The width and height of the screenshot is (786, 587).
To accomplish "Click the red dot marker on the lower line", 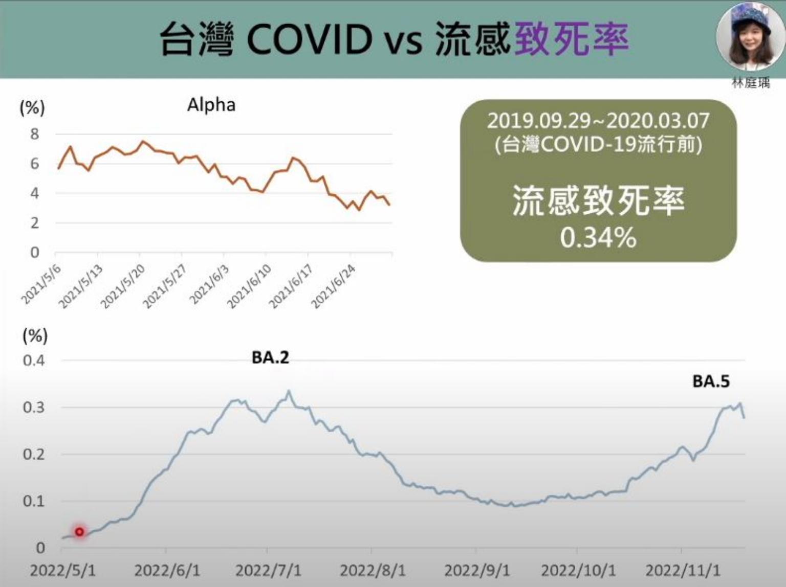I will [79, 532].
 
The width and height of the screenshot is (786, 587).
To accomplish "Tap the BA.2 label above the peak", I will [270, 357].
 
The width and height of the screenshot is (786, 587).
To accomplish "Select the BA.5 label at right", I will [711, 381].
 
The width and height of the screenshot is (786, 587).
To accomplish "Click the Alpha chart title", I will [211, 105].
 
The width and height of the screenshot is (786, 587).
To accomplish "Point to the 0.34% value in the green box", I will [598, 238].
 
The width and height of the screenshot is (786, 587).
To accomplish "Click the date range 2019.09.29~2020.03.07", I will [598, 121].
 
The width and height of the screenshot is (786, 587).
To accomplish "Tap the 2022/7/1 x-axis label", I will [268, 570].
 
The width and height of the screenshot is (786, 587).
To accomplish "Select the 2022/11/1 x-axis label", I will [683, 570].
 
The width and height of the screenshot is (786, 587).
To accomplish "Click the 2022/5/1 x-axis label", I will [62, 570].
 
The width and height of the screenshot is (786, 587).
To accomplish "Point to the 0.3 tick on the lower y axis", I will [34, 408].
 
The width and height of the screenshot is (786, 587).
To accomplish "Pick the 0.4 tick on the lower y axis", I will [34, 360].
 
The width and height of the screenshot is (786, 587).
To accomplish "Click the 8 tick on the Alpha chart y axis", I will [34, 134].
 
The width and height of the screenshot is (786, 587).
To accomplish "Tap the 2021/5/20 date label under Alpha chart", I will [123, 286].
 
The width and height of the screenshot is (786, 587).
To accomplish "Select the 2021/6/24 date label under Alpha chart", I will [333, 287].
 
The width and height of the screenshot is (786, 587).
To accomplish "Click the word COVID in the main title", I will [309, 39].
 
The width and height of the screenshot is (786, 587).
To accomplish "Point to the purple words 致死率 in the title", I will [571, 39].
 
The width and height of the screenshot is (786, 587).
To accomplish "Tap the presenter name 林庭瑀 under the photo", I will [751, 83].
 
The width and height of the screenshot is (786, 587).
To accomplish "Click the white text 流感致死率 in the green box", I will [598, 200].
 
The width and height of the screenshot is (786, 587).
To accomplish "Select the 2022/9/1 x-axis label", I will [477, 570].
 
